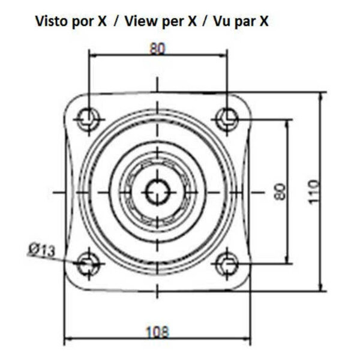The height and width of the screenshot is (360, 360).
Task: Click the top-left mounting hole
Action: [x=89, y=119]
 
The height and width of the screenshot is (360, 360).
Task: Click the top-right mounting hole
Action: [x=227, y=119]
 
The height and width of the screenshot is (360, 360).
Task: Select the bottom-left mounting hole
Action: [x=89, y=263]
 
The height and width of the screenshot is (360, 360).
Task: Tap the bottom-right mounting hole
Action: [x=227, y=263]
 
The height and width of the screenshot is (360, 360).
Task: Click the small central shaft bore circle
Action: [x=158, y=192]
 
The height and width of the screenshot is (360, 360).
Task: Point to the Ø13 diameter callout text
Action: [x=42, y=250]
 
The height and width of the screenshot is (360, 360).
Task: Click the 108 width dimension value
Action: [x=157, y=332]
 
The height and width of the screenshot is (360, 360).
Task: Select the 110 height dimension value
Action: [x=313, y=192]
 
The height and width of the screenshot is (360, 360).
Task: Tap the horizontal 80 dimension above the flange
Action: [x=157, y=49]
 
